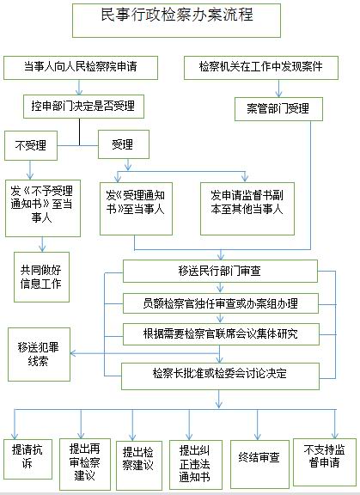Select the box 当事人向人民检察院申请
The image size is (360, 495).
81,68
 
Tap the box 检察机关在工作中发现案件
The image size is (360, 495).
261,68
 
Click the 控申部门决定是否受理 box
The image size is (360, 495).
83,107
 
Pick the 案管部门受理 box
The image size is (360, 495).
278,109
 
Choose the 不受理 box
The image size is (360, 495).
31,145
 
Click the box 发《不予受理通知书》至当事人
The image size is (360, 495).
43,208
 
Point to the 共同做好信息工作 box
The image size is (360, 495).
41,277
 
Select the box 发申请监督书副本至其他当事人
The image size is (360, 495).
247,209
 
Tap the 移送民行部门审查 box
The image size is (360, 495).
220,272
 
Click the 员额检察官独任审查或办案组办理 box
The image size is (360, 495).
221,303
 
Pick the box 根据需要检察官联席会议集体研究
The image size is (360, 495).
221,334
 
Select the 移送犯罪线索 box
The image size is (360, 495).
39,354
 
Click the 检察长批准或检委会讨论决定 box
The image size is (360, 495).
220,376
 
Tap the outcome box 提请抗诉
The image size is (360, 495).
27,459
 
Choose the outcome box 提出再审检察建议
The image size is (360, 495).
85,464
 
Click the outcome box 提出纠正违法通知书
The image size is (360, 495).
196,465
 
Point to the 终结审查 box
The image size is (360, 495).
259,464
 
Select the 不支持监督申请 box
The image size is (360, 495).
325,461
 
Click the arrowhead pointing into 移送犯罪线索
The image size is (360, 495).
72,353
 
